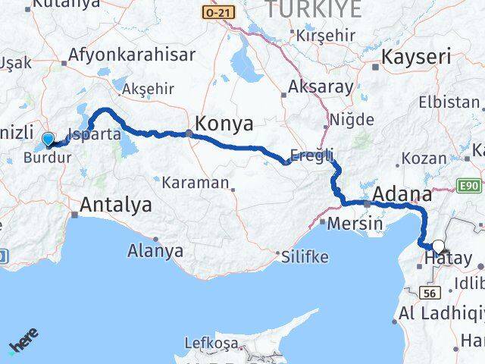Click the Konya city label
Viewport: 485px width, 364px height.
click(224, 124)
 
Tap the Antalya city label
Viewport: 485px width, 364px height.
click(115, 205)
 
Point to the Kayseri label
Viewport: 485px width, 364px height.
click(416, 58)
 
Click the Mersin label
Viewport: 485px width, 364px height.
click(349, 224)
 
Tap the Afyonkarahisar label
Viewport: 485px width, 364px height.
click(132, 55)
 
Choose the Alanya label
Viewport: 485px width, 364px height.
click(156, 249)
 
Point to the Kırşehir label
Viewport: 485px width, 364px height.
click(325, 36)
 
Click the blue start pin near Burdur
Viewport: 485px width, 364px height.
click(48, 139)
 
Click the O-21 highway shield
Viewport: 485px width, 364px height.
click(221, 13)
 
